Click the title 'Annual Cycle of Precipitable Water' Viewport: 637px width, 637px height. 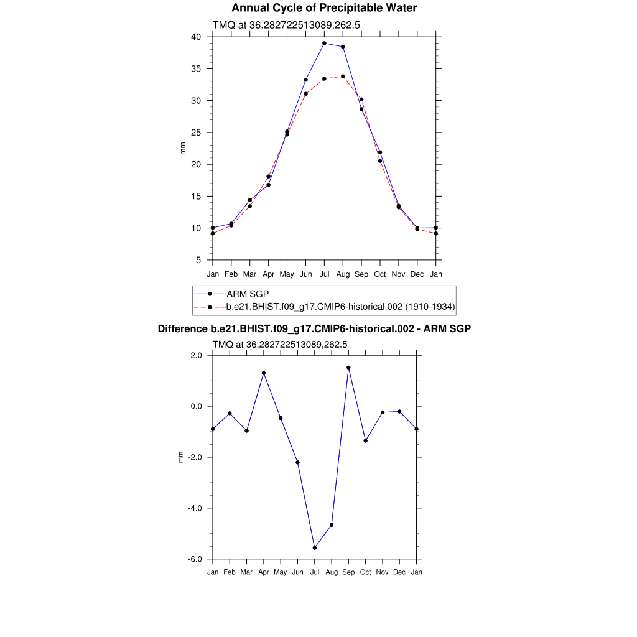(324, 8)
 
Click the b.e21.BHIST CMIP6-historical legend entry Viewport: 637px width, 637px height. (341, 307)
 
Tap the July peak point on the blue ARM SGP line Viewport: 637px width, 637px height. (324, 44)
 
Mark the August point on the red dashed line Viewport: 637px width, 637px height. (343, 77)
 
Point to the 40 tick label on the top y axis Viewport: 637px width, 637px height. (196, 37)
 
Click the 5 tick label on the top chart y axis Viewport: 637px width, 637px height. (198, 260)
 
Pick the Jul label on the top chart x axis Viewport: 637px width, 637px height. (324, 274)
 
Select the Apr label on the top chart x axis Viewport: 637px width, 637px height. (268, 274)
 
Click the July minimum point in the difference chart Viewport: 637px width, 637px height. (315, 548)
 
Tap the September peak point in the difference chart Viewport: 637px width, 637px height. (348, 368)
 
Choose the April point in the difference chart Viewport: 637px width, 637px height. (264, 373)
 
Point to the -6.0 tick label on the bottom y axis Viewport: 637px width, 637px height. (196, 559)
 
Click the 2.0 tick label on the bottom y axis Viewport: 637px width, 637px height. (197, 355)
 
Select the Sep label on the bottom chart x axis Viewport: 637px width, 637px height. (348, 572)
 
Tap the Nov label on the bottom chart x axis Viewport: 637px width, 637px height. (383, 572)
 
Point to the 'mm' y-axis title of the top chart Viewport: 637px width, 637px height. (182, 149)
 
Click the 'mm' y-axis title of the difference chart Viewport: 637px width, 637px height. (181, 457)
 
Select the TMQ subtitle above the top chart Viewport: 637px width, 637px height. (287, 26)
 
